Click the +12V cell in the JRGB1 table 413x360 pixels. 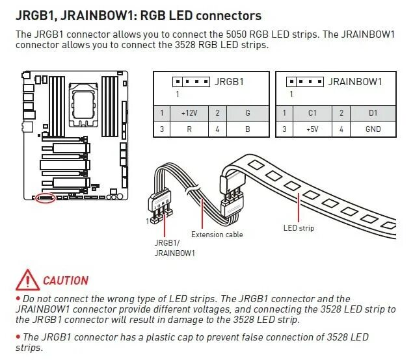click(189, 113)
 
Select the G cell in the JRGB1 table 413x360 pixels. click(248, 113)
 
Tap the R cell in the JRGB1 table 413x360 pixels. click(189, 129)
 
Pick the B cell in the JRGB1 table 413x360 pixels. click(248, 129)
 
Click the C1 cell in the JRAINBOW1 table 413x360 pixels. click(312, 113)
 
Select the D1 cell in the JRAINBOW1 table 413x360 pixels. click(373, 113)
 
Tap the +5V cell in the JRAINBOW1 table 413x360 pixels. click(312, 129)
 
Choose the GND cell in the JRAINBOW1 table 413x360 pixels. click(373, 129)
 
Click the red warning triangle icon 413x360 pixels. click(27, 280)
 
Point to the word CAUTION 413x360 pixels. click(66, 281)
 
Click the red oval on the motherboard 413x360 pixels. click(46, 197)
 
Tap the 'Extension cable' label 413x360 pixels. click(217, 235)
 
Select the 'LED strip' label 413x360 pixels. click(299, 227)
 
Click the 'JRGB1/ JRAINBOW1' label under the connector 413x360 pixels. click(174, 248)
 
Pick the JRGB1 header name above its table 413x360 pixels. click(228, 82)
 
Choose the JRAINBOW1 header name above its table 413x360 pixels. click(355, 82)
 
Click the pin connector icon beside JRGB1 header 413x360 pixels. click(191, 82)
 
